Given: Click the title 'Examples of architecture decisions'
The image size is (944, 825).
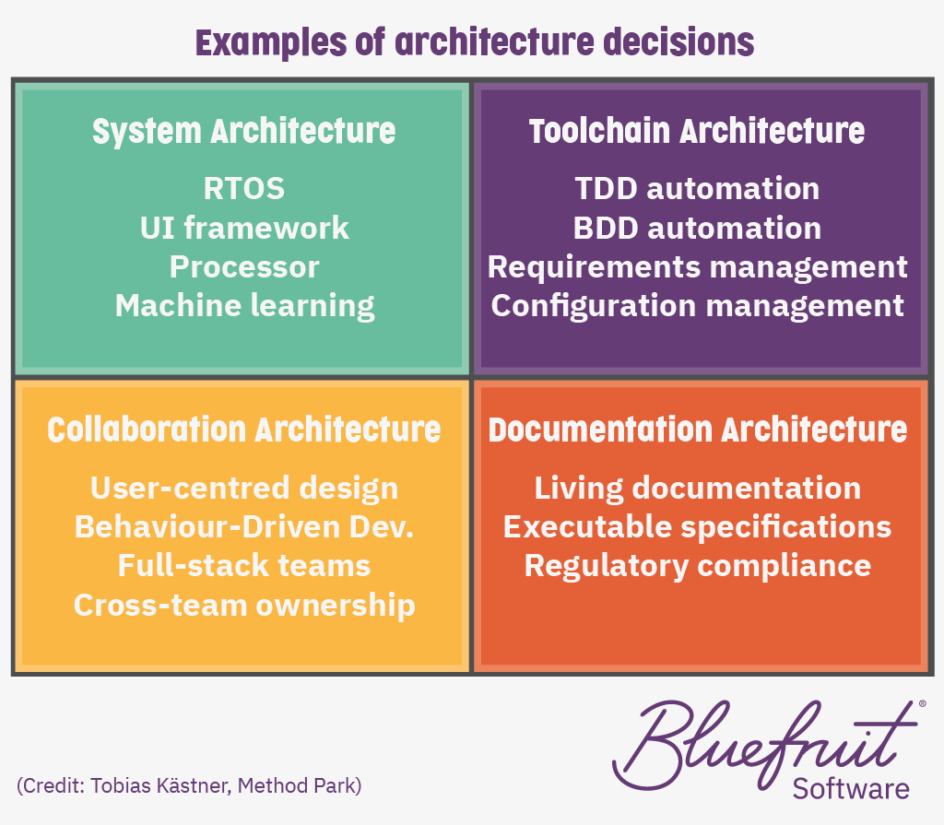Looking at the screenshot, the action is (x=475, y=43).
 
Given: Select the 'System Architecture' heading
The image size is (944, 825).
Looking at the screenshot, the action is (x=243, y=132).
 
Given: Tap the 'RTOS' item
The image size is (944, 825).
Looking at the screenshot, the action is (x=243, y=188).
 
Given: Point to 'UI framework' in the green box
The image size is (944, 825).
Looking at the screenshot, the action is (x=244, y=228).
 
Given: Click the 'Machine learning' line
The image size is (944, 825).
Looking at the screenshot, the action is (x=244, y=307).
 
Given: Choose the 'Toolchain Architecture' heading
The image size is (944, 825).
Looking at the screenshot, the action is (x=697, y=131).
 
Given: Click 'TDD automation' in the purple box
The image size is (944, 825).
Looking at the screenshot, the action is (x=697, y=188).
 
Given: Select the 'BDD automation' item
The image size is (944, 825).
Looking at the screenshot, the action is (x=697, y=229).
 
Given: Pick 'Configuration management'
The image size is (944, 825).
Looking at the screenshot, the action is (x=697, y=307).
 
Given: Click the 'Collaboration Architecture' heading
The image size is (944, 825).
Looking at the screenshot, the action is (x=243, y=430).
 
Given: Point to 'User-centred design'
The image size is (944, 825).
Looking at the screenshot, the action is (x=243, y=488).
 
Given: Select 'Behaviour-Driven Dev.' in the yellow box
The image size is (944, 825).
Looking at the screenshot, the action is (x=243, y=527).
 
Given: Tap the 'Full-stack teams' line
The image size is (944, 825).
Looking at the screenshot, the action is (x=243, y=566).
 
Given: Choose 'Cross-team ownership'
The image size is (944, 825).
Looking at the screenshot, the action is (x=244, y=606).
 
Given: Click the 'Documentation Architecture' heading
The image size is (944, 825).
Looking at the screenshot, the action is (x=698, y=430).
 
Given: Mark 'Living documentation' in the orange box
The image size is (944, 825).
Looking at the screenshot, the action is (x=698, y=489).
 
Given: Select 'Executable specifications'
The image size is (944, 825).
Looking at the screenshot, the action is (x=697, y=527).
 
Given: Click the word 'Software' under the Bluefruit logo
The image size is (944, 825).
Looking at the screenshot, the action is (x=851, y=788).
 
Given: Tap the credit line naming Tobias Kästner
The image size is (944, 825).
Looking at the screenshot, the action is (x=189, y=786).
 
